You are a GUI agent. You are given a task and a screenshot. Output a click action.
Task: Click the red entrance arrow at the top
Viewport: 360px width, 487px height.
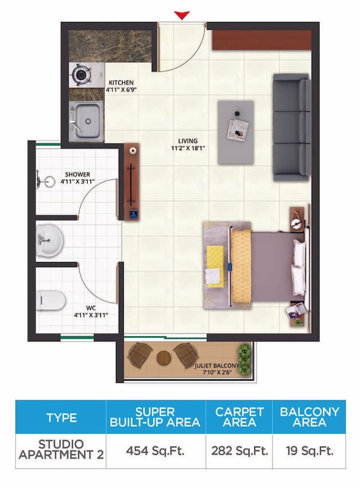click(x=182, y=15)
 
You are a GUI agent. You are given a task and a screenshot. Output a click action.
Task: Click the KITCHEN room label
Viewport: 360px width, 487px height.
click(x=121, y=83)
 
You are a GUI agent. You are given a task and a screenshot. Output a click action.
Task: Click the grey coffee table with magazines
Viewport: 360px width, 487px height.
click(x=236, y=132)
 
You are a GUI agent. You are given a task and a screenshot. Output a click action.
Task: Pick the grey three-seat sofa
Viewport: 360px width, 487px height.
click(x=291, y=127)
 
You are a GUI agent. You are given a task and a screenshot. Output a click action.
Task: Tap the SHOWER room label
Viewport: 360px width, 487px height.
click(x=78, y=174)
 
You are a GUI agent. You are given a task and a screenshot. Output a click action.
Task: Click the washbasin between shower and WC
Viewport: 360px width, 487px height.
click(x=49, y=241)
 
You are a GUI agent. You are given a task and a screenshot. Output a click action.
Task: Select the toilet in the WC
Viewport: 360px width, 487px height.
click(x=52, y=300)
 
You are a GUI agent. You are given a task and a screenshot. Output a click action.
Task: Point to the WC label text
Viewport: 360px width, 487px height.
click(x=91, y=308)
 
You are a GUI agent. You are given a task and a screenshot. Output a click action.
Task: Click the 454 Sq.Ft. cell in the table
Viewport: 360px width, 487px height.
click(x=155, y=450)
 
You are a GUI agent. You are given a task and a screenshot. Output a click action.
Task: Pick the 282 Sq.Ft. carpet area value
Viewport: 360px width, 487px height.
click(x=239, y=450)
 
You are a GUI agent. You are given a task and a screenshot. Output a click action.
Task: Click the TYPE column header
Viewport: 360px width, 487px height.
click(x=61, y=417)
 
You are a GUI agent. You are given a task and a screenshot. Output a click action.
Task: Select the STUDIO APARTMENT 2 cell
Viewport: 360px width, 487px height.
click(x=61, y=450)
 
